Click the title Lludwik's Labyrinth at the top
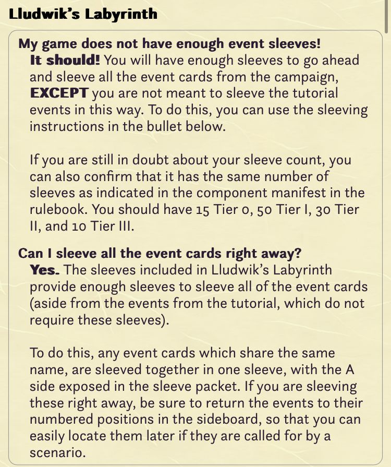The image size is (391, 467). pyautogui.click(x=83, y=14)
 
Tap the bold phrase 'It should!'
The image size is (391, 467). pyautogui.click(x=65, y=60)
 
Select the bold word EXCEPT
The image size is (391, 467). pyautogui.click(x=59, y=93)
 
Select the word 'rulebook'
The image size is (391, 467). pyautogui.click(x=58, y=209)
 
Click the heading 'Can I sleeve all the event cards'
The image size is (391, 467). pyautogui.click(x=160, y=254)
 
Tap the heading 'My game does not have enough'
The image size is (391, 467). pyautogui.click(x=169, y=44)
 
